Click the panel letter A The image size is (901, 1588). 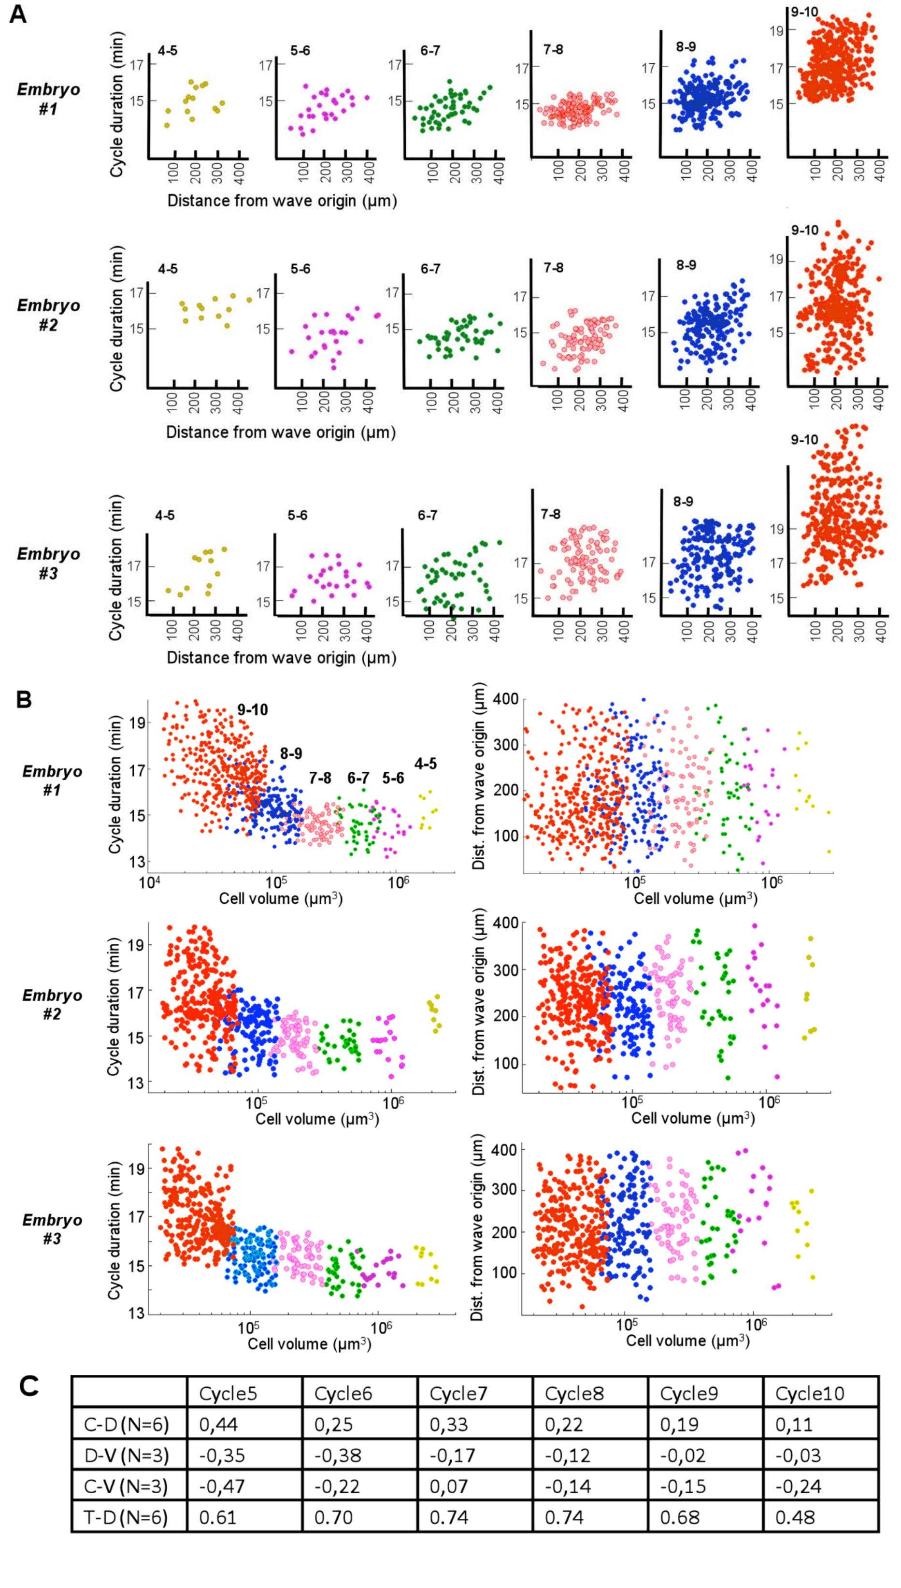18,14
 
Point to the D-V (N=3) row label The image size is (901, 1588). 126,1455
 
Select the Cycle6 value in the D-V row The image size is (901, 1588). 333,1455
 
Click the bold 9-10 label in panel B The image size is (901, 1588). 253,709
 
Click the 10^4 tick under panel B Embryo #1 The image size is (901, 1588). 147,881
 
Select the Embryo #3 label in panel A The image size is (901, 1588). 48,563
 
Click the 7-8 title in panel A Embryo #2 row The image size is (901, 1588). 553,268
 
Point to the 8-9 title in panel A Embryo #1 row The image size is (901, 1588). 686,46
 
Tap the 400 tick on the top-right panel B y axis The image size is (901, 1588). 506,700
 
